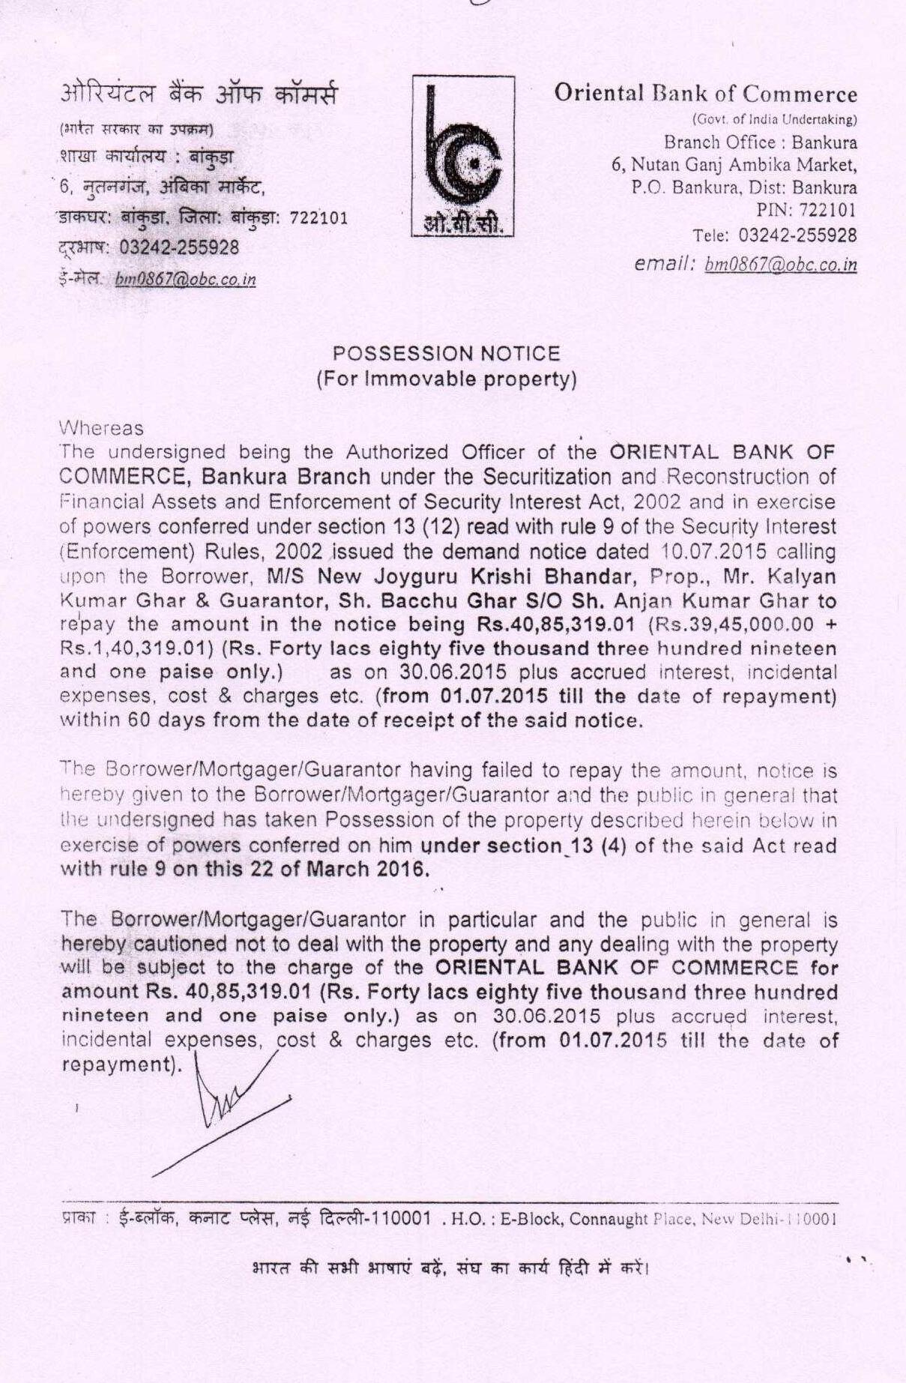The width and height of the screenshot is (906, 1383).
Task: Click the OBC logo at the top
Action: (462, 156)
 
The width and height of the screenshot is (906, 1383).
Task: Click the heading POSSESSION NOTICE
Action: (446, 354)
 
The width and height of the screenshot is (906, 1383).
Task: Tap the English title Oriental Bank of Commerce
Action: (705, 94)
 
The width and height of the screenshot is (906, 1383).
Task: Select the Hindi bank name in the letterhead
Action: (199, 95)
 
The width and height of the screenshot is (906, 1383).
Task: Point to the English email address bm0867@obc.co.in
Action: (781, 265)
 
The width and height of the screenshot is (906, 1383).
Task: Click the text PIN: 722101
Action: (806, 211)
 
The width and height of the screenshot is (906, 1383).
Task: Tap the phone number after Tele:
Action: (797, 235)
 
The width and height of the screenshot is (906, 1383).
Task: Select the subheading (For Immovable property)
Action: (446, 379)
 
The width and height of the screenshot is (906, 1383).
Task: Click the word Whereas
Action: (100, 428)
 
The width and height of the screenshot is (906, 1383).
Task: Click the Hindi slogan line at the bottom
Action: (450, 1269)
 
